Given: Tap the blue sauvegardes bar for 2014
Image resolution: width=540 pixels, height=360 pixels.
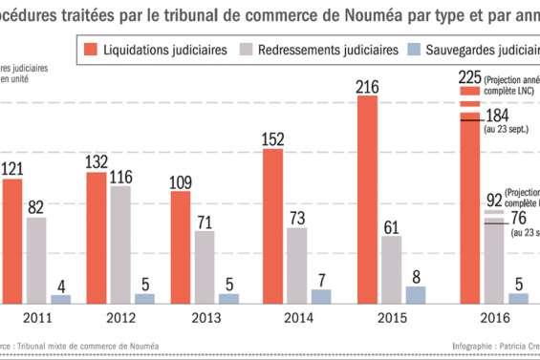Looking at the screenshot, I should tap(321, 296).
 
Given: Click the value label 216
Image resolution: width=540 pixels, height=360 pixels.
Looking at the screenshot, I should tap(368, 86).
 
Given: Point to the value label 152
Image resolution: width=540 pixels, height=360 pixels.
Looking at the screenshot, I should tap(273, 139).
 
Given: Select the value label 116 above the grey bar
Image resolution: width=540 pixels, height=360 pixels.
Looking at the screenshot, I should tap(120, 177).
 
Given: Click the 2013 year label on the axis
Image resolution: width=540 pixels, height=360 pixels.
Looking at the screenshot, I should tap(205, 321).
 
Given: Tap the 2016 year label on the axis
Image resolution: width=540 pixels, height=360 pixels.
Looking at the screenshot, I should tap(493, 321).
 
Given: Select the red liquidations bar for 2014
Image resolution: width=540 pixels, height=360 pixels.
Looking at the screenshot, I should tap(273, 226).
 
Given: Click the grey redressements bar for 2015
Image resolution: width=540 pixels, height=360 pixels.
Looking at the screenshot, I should tap(391, 269).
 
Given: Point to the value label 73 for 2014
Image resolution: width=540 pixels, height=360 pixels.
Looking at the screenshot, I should tap(297, 219).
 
